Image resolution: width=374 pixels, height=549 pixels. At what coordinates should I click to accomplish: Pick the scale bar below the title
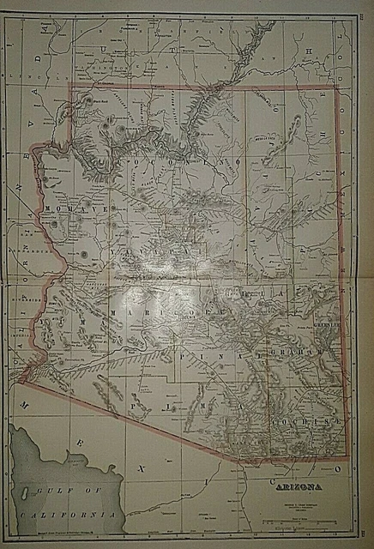[297, 519]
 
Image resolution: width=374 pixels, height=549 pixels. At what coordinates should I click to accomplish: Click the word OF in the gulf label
[80, 492]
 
